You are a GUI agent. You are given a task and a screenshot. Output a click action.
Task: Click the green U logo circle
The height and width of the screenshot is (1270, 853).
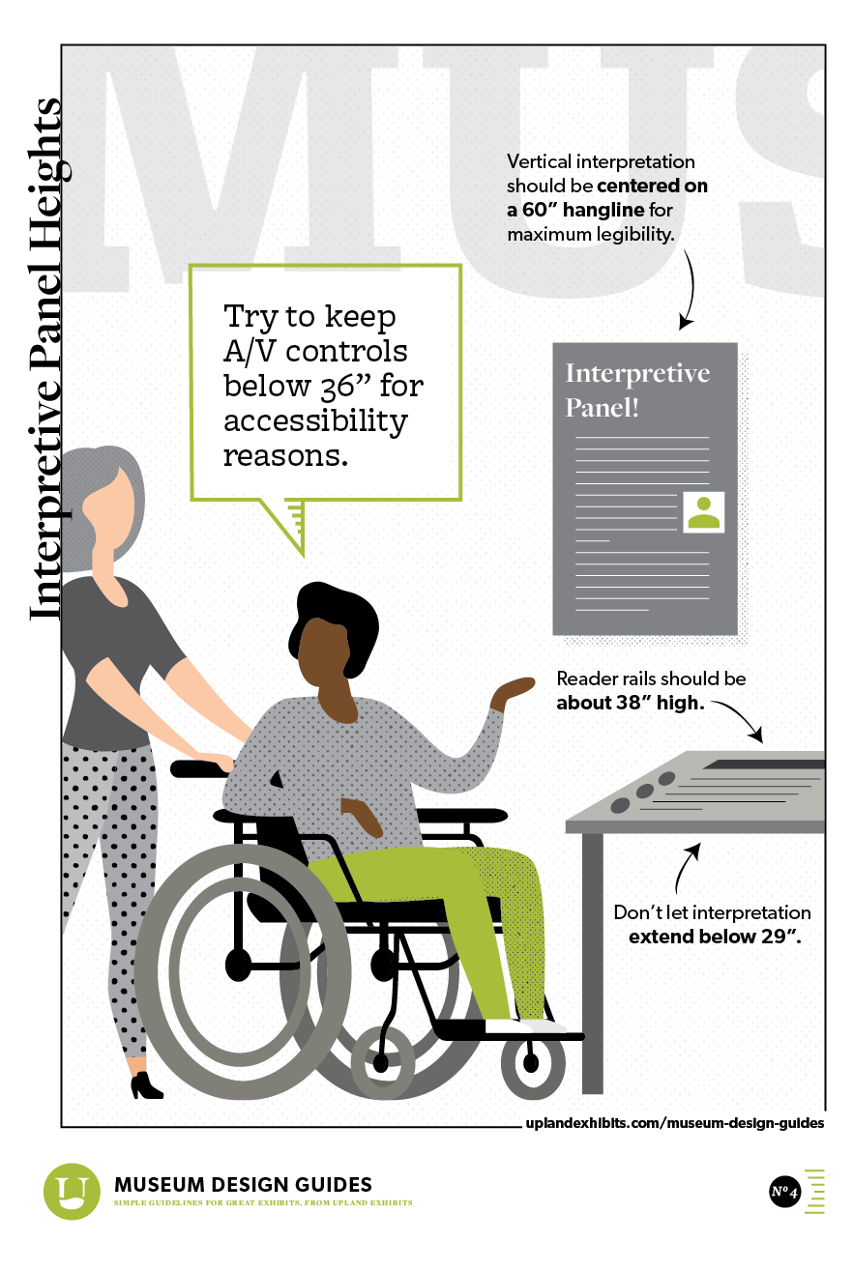click(72, 1191)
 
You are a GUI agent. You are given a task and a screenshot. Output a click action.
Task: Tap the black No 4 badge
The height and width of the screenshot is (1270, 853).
click(784, 1191)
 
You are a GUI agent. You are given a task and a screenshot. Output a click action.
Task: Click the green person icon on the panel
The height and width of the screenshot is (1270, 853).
click(703, 512)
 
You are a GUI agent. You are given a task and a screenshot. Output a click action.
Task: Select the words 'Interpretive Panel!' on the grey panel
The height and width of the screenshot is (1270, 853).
click(637, 390)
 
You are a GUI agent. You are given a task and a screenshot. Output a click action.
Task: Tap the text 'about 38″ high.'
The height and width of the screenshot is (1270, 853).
click(631, 703)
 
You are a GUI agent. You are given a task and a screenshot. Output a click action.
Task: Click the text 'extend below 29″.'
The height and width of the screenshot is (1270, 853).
click(715, 936)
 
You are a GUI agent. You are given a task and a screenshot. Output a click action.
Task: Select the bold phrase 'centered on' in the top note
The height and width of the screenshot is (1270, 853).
click(652, 186)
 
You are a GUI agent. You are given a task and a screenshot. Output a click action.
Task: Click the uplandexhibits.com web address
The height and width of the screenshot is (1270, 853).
click(674, 1123)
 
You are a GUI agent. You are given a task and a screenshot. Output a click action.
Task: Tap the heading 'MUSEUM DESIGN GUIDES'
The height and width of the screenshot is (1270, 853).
click(243, 1184)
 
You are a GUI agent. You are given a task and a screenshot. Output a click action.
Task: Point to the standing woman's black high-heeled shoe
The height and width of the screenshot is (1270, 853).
click(146, 1085)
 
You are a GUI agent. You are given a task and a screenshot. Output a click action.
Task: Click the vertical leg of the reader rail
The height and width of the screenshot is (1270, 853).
click(593, 963)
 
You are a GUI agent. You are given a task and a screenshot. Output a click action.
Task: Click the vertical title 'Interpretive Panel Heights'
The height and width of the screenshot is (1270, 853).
click(45, 360)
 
